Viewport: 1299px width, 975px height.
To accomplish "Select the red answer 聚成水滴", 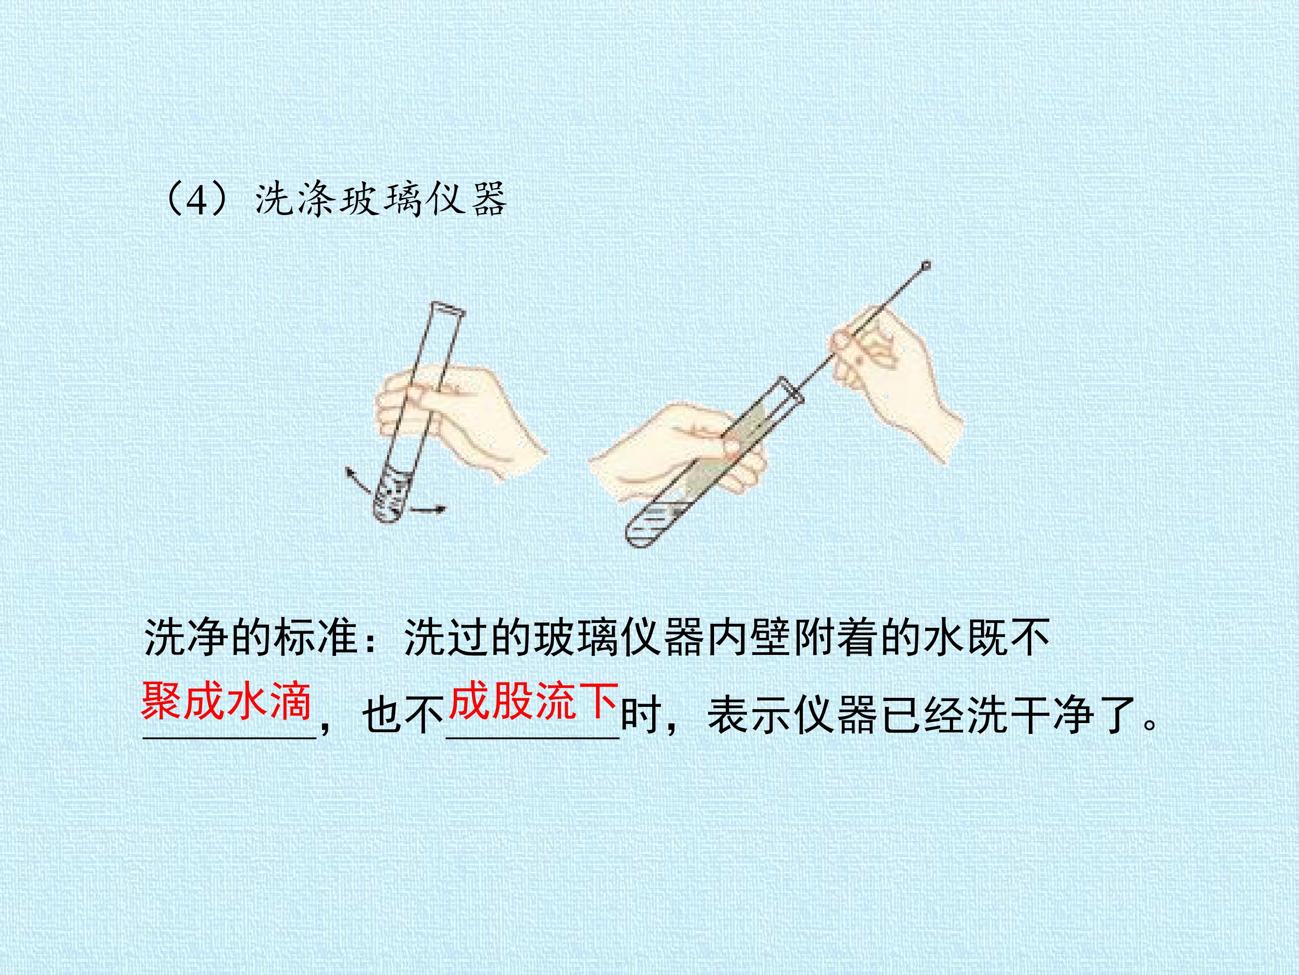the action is pos(226,701).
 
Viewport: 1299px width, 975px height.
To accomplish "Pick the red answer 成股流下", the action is pos(533,701).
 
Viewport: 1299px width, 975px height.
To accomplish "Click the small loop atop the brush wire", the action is pos(926,265).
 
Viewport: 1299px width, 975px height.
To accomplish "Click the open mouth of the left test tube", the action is pos(448,309).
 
